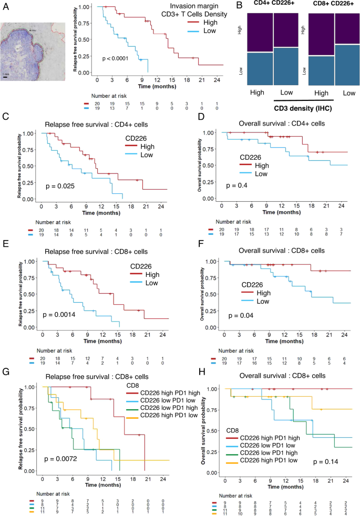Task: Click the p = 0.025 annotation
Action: pos(58,187)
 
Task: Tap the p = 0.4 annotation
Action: pos(234,185)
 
